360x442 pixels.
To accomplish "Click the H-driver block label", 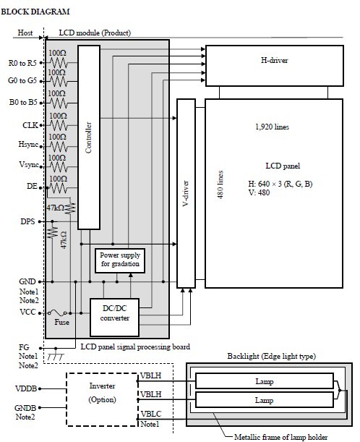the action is tap(275, 60).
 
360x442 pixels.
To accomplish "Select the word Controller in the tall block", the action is tap(88, 137).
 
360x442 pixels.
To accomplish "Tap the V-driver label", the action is tap(186, 193).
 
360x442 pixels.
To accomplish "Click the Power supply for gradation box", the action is tap(120, 260).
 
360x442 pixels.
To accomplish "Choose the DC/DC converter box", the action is tap(114, 318).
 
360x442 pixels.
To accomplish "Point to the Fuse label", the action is tap(61, 322).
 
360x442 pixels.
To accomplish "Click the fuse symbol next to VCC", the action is tap(57, 313).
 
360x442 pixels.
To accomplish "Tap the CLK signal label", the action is tap(30, 125).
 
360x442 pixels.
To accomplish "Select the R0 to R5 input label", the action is tap(22, 63).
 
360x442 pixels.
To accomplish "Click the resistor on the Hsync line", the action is tap(59, 147).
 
